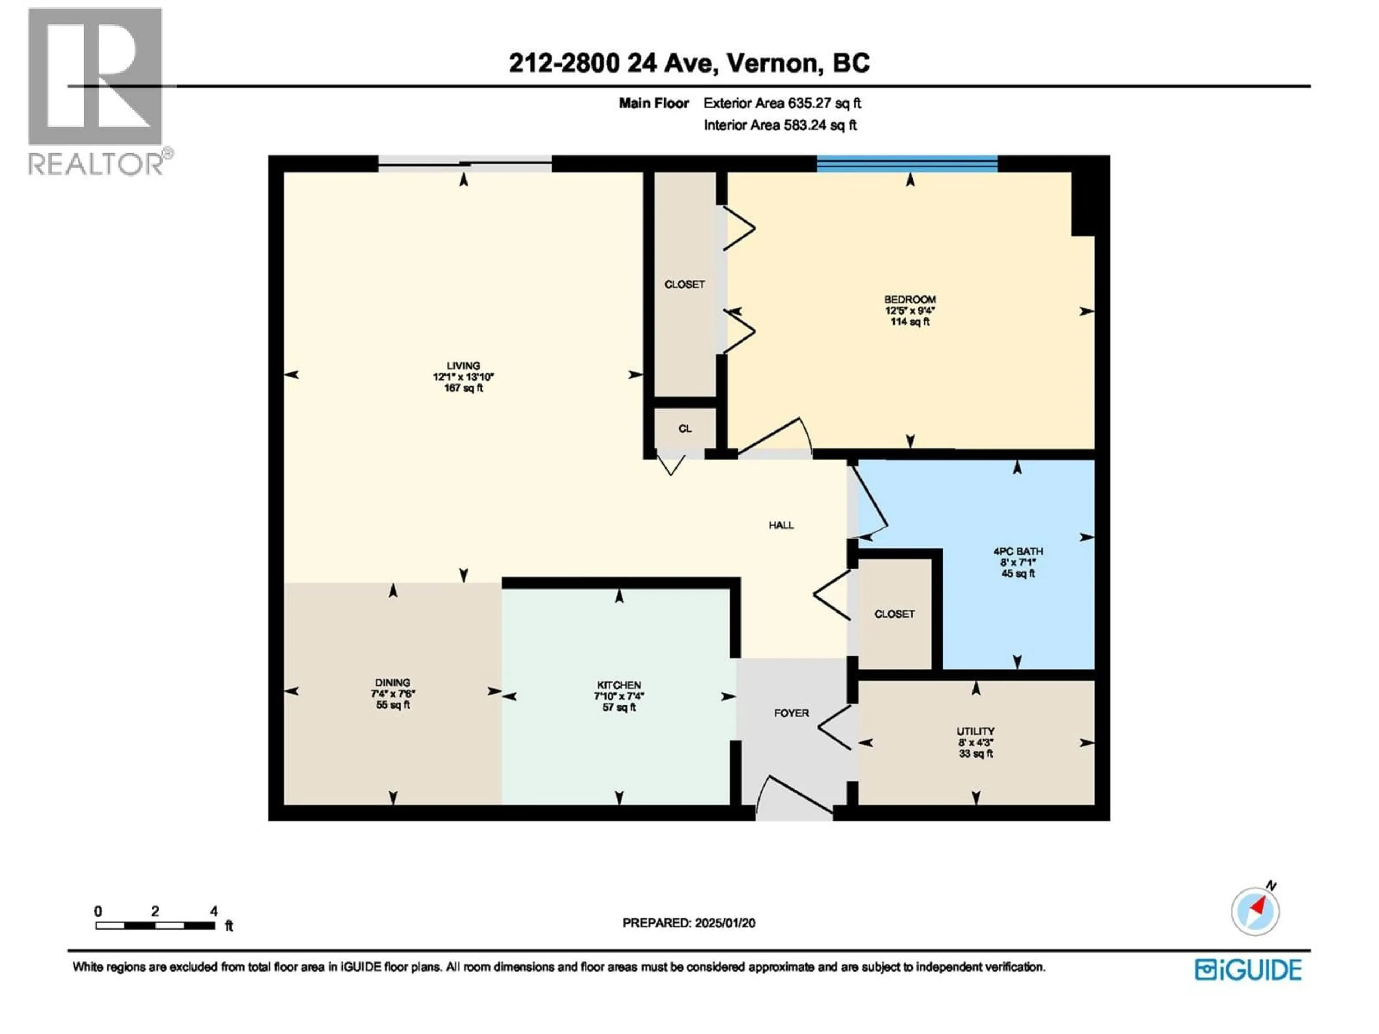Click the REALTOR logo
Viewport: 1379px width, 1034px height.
point(97,90)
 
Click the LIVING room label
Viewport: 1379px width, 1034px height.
point(463,366)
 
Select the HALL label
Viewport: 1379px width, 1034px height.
point(780,525)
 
